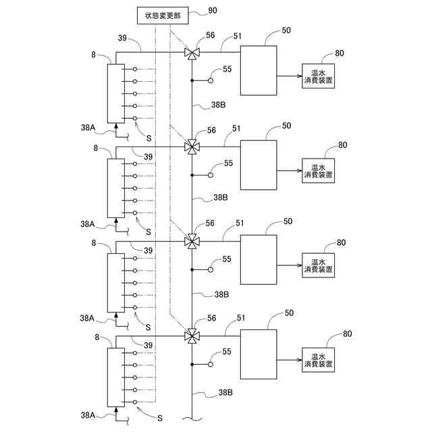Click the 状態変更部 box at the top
163,16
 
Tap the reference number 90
213,11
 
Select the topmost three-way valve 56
192,53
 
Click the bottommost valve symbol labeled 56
192,336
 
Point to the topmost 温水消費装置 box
318,76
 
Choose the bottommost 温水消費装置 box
318,360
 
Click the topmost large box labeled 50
259,70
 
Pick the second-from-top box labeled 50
259,165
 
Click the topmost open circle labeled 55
211,80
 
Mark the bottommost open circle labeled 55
211,364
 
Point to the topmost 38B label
219,105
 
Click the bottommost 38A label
88,415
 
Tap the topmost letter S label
148,138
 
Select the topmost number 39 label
122,38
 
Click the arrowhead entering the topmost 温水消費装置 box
300,76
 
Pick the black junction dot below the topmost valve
192,80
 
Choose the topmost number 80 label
340,53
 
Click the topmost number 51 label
238,36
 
